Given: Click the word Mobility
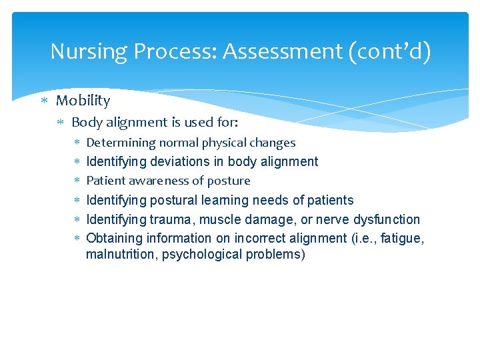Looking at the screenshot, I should tap(83, 101).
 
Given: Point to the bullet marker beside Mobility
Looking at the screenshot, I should tap(45, 101).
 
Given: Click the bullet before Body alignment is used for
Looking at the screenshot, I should tap(60, 123).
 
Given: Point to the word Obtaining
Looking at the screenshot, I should tap(112, 238).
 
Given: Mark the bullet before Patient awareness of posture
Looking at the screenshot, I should tap(77, 181).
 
